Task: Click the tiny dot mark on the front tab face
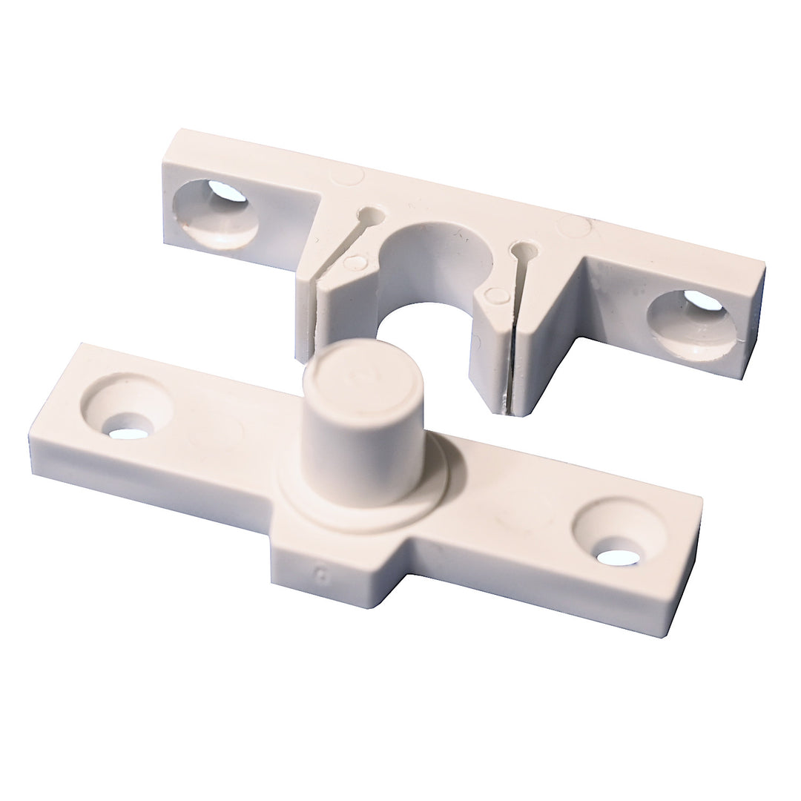321,573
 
